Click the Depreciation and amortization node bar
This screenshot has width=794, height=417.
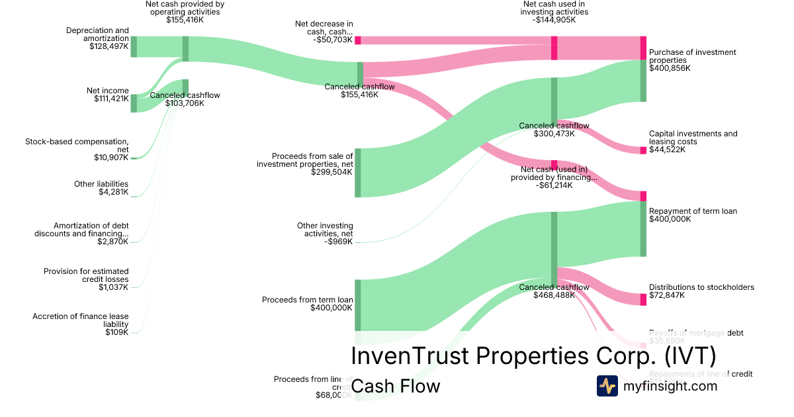pyautogui.click(x=134, y=46)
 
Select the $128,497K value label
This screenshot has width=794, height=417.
pyautogui.click(x=109, y=46)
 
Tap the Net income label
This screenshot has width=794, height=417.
pyautogui.click(x=107, y=91)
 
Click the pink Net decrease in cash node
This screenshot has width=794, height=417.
pyautogui.click(x=358, y=40)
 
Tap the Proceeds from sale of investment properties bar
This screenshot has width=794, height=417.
pyautogui.click(x=358, y=172)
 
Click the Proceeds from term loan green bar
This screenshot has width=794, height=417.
pyautogui.click(x=358, y=304)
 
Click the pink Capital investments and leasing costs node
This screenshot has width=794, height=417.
pyautogui.click(x=643, y=150)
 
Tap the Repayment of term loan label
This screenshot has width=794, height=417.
pyautogui.click(x=693, y=211)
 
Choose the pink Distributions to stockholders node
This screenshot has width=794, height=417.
pyautogui.click(x=643, y=299)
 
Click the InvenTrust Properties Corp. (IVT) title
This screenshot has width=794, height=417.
pyautogui.click(x=533, y=355)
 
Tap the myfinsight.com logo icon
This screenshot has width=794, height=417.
pyautogui.click(x=607, y=386)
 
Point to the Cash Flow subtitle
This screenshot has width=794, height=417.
pyautogui.click(x=395, y=386)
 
